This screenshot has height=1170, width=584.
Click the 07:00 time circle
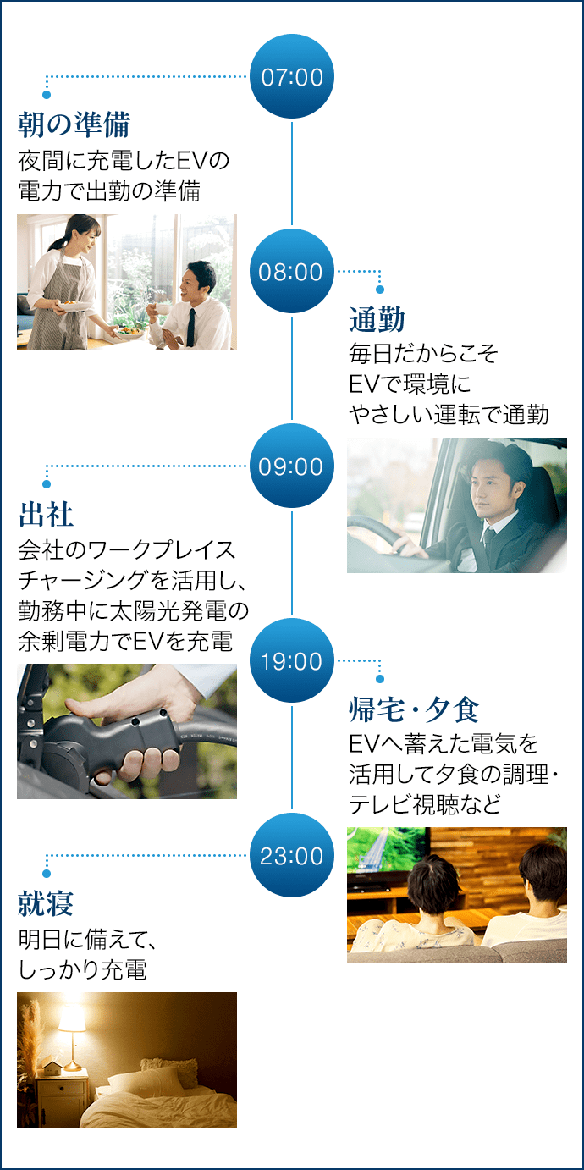pos(291,76)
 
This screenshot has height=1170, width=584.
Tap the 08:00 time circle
pos(291,271)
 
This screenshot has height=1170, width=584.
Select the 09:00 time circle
pos(291,466)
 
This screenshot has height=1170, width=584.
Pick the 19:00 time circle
pos(291,660)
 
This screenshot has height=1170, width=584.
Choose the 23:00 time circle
pos(291,856)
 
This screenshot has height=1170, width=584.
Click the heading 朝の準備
pos(74,125)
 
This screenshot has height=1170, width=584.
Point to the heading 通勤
pos(377,320)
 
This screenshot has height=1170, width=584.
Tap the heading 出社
pos(46,515)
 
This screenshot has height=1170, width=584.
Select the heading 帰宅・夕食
pos(414,709)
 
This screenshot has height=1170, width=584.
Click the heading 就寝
pos(46,904)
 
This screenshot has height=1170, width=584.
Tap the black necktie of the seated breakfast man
pos(191,328)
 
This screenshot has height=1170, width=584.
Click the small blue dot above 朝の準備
pos(47,95)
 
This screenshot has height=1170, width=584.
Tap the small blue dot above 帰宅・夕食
pos(380,678)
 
